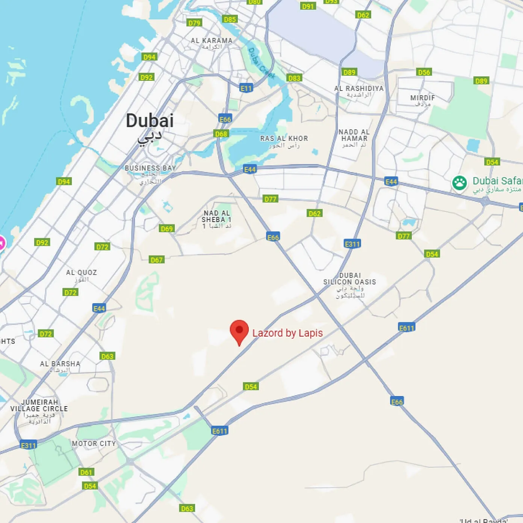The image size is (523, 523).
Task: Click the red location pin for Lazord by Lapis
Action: [x=239, y=331]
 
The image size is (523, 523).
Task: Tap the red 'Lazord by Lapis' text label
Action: [x=287, y=333]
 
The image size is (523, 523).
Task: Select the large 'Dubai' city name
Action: [x=150, y=121]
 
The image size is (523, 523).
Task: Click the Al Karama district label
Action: [x=212, y=41]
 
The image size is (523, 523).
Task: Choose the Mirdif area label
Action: [x=423, y=98]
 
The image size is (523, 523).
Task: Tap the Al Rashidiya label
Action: [x=359, y=89]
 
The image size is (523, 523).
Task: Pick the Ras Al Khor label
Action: [x=284, y=139]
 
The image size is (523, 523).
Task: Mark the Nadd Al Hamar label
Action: [x=354, y=135]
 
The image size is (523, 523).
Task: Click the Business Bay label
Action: [x=150, y=168]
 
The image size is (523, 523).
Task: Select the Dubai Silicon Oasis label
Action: [x=350, y=279]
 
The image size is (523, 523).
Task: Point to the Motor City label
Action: [x=94, y=444]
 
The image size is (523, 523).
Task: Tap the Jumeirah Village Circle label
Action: [x=39, y=405]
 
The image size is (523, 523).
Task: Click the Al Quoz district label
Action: [x=82, y=273]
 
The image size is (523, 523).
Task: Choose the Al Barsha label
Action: [x=60, y=364]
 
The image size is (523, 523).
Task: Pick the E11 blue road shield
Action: [x=246, y=88]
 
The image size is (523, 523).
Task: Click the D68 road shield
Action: [x=221, y=134]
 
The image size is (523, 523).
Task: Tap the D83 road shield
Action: [x=294, y=78]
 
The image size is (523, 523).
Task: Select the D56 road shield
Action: [x=424, y=72]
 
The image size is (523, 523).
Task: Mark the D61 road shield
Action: [x=86, y=472]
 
